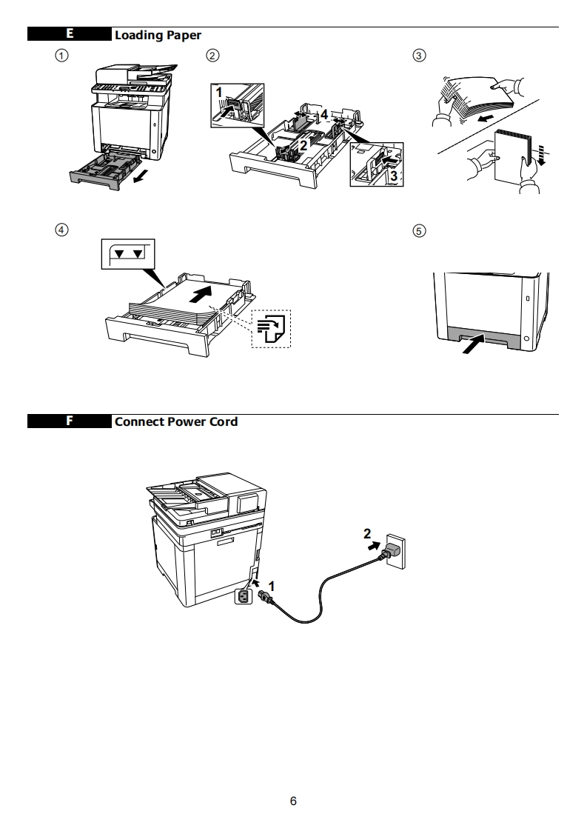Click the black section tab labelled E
[x=70, y=34]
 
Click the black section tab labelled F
[x=70, y=421]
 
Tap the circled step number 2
[x=212, y=56]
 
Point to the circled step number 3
[x=419, y=56]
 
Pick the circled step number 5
[x=419, y=230]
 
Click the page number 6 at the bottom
[x=293, y=801]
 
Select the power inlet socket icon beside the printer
[x=243, y=595]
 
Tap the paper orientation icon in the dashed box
[x=272, y=328]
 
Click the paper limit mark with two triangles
[x=127, y=253]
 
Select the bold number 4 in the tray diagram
[x=323, y=114]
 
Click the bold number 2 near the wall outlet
[x=367, y=533]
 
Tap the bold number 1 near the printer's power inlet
[x=272, y=586]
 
